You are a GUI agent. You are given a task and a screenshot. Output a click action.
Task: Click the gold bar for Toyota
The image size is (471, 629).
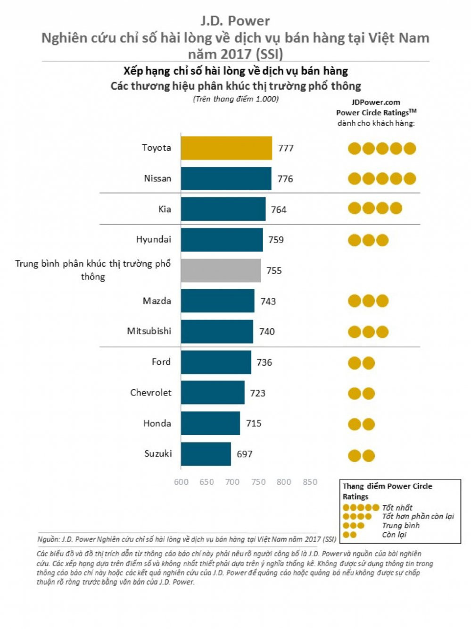coord(226,148)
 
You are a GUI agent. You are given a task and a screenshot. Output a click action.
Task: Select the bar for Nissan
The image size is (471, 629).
coord(226,179)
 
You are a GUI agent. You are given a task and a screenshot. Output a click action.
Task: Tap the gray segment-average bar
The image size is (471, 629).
coord(221,270)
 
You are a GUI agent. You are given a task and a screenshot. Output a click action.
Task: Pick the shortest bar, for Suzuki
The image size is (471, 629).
coord(206,454)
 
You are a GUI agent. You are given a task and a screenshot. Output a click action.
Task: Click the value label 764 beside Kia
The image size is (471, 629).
coord(279,210)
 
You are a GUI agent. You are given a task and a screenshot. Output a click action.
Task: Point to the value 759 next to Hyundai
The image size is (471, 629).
coord(276,240)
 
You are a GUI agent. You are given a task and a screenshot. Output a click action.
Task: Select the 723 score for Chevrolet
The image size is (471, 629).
coord(257,393)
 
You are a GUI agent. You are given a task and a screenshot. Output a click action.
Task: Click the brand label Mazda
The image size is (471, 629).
coord(157,301)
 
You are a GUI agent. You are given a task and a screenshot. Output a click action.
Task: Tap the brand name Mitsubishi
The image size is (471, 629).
coord(149,331)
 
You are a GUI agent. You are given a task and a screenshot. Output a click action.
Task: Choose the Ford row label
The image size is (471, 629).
coord(161,362)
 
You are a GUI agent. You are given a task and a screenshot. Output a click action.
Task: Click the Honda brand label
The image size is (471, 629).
coord(157,423)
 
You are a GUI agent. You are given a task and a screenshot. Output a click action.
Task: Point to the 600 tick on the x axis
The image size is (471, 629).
coord(181,482)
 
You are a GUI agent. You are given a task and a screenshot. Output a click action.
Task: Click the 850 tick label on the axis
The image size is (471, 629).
coord(310,482)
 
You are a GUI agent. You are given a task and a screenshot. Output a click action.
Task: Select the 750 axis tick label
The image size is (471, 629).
coord(258,482)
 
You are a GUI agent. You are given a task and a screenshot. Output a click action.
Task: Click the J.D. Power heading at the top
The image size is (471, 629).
coord(235,21)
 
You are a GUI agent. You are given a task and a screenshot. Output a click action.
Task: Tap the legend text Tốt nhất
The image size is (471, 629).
coord(397,508)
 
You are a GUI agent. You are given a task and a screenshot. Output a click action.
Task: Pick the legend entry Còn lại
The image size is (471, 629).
coord(394,535)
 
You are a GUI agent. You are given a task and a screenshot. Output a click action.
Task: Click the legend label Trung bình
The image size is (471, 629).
coord(401,526)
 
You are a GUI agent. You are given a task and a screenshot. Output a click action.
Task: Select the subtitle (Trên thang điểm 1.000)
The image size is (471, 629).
coord(236,99)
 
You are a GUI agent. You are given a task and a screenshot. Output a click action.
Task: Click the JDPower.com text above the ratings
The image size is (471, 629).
coord(376,102)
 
